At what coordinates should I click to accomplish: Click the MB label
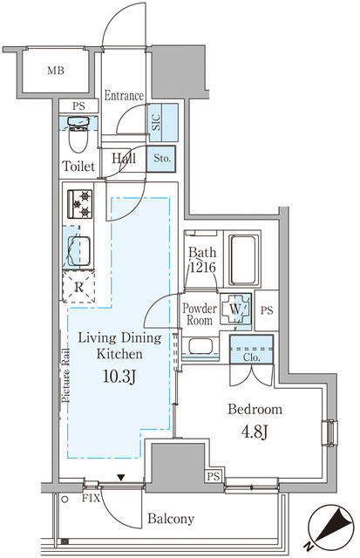56,71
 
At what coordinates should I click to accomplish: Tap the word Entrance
124,95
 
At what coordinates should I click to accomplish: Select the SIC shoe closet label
157,122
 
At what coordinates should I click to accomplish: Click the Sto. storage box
161,159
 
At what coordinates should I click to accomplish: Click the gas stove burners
80,204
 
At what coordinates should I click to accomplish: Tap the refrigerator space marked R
78,287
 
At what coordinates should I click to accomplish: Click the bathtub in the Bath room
243,260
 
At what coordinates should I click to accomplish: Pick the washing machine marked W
235,309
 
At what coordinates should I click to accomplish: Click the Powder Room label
200,314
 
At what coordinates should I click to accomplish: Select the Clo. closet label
252,357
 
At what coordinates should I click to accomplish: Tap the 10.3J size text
119,377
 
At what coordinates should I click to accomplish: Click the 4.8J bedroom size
255,432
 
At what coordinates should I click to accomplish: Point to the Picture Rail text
65,376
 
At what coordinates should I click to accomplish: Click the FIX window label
91,498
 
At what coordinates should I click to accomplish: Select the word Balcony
171,519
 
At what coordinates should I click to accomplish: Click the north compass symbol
330,528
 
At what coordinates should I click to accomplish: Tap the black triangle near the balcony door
122,478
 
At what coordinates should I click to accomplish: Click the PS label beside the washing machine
267,310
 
